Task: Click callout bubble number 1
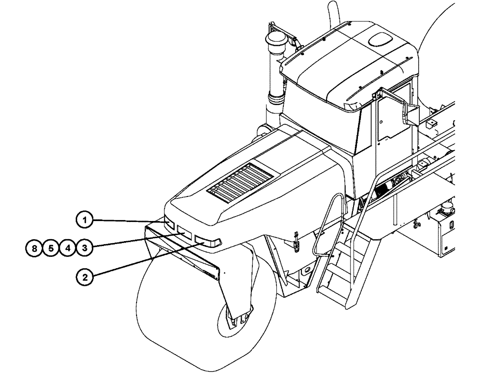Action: (x=85, y=220)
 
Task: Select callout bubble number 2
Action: (x=85, y=277)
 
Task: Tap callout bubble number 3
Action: (x=85, y=248)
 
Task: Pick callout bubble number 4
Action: (x=68, y=248)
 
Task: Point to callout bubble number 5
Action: (x=51, y=248)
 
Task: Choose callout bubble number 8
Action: (x=34, y=248)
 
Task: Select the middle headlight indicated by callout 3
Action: (x=185, y=232)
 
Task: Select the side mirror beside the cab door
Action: (x=404, y=112)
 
